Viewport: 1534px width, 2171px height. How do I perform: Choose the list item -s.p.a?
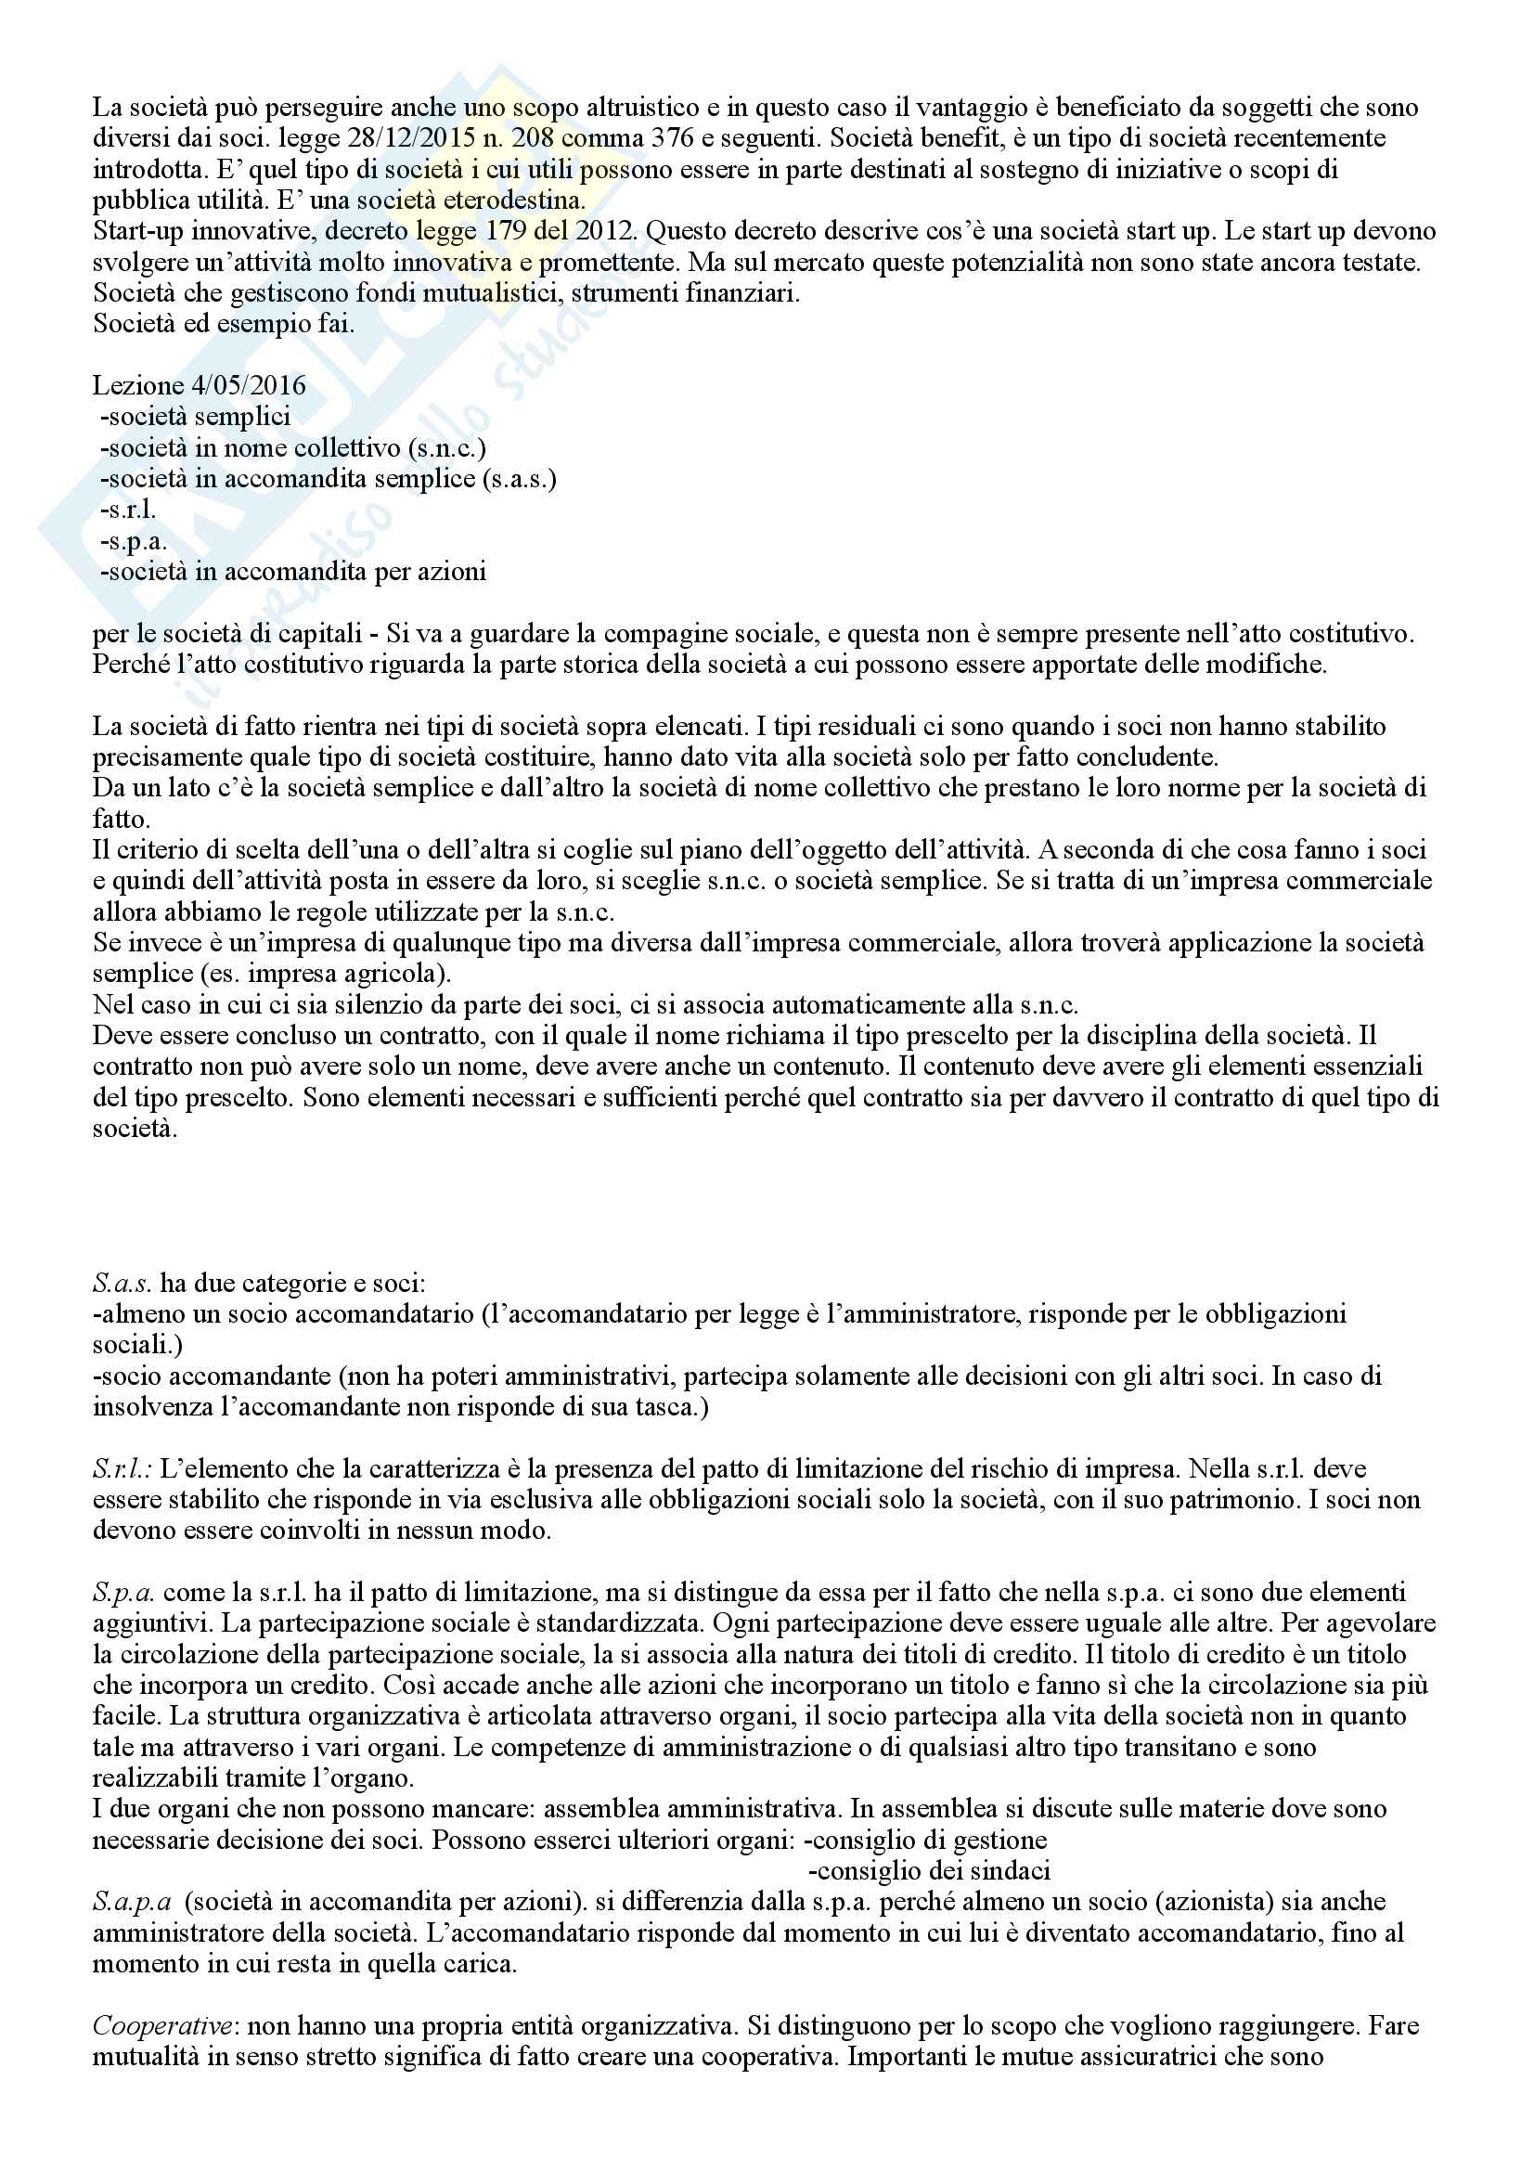[133, 542]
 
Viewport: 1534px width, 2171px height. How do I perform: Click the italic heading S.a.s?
[122, 1283]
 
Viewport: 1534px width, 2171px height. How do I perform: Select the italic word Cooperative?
[161, 2025]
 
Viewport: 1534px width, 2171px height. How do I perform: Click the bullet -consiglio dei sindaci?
[931, 1871]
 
